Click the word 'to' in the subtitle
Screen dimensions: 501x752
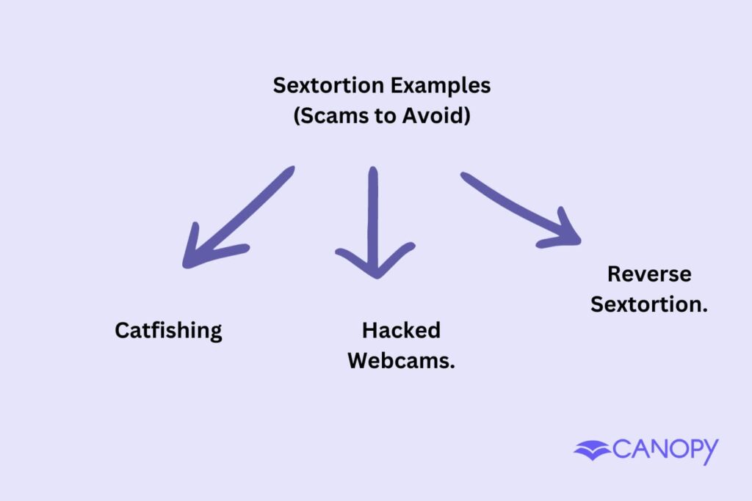point(388,115)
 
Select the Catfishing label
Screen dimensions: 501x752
point(168,330)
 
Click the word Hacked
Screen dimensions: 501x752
point(401,330)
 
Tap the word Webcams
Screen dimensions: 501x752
point(399,361)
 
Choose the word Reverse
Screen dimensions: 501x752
point(649,274)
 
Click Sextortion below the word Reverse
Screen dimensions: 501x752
point(647,304)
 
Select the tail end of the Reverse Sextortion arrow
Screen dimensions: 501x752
point(466,177)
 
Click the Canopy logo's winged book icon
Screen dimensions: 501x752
point(592,450)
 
